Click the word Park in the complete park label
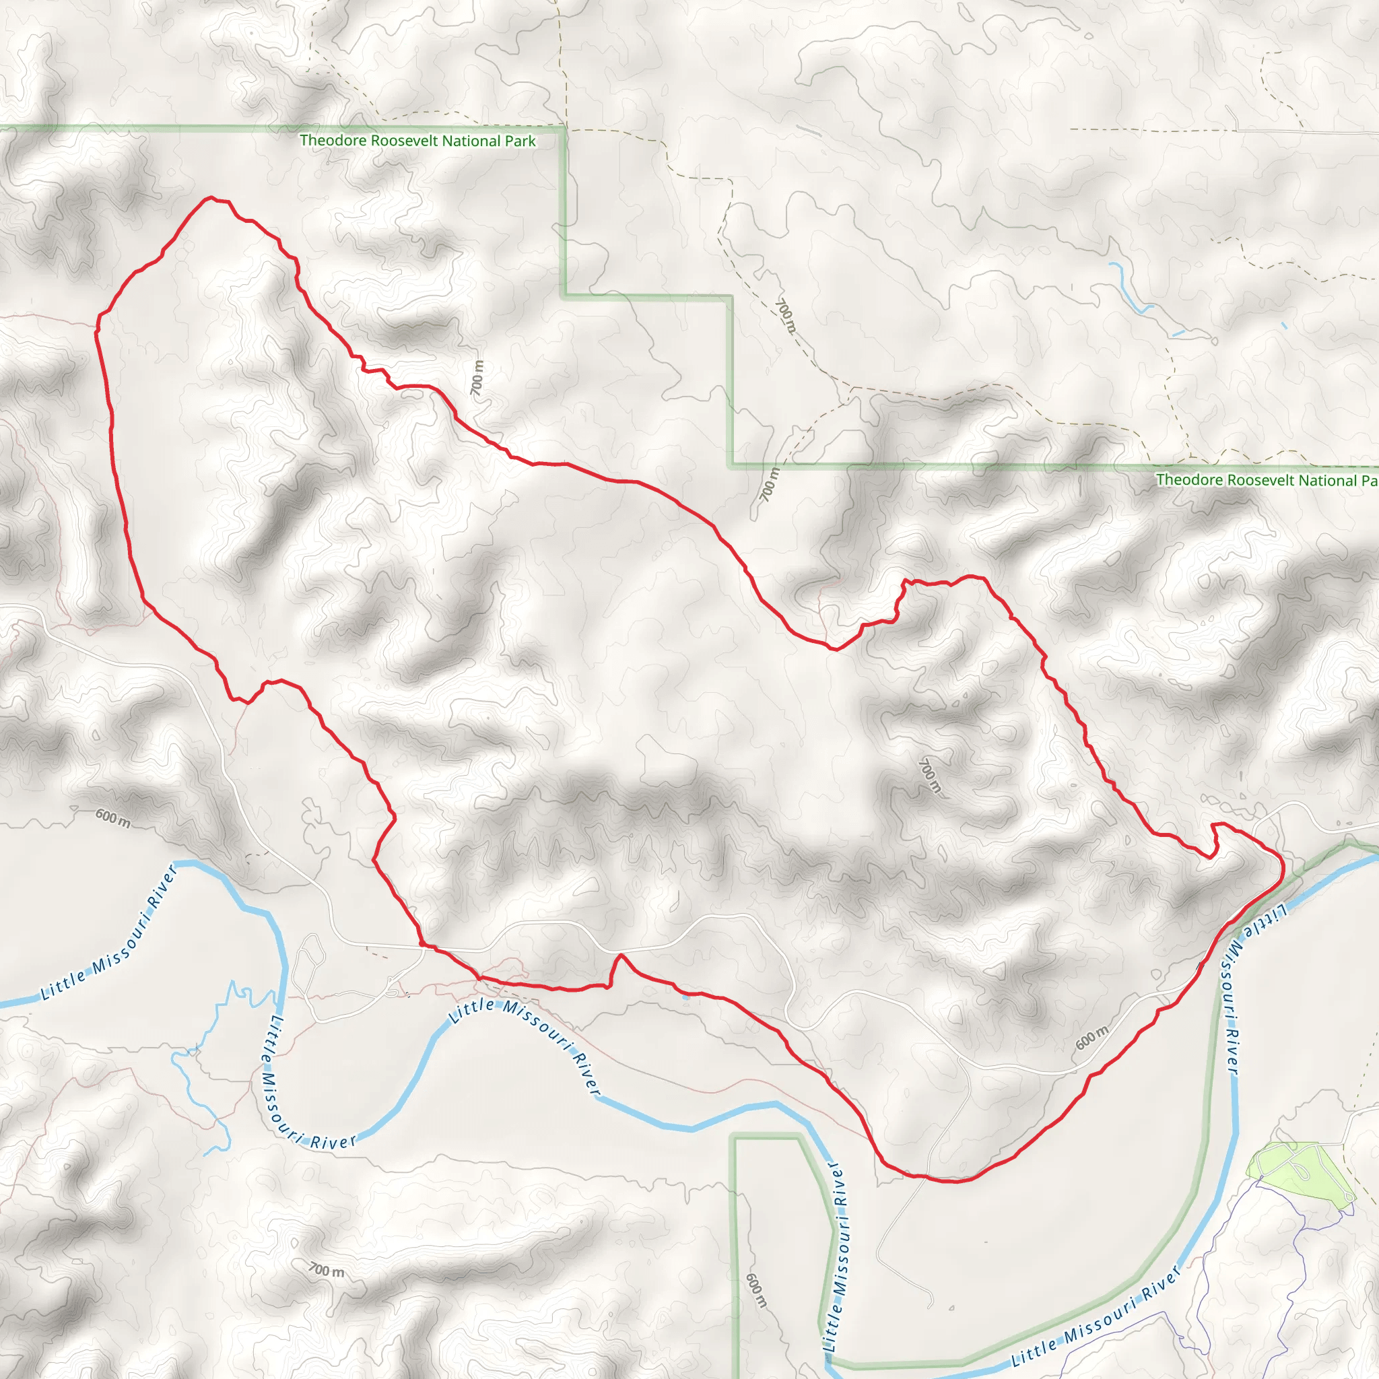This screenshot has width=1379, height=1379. point(520,141)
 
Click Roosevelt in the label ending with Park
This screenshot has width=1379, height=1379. point(404,141)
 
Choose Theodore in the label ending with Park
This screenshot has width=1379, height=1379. point(332,140)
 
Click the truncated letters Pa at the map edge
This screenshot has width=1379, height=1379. point(1369,481)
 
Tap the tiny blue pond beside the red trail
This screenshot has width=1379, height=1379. point(686,997)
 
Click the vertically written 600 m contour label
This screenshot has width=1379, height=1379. point(756,1291)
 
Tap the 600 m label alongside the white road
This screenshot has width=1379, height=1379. point(1092,1036)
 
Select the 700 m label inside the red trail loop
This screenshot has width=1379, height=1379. point(930,775)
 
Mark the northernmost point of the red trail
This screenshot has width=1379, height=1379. point(211,198)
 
